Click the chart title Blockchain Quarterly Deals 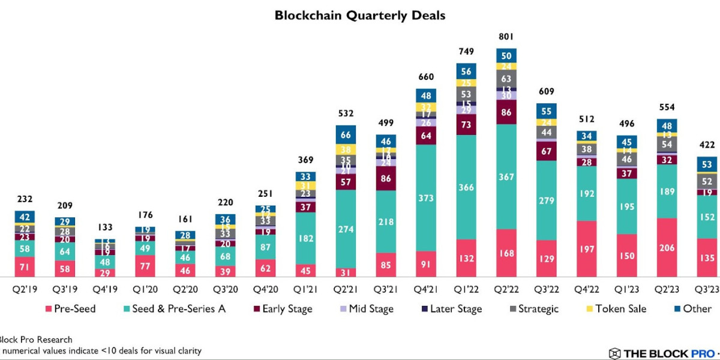(360, 15)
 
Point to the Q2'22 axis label (506, 289)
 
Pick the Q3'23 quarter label (707, 289)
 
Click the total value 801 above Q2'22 (506, 37)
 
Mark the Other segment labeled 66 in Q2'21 (346, 134)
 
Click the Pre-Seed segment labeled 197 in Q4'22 (587, 248)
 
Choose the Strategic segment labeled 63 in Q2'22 (506, 78)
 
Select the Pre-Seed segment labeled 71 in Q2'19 (25, 266)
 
